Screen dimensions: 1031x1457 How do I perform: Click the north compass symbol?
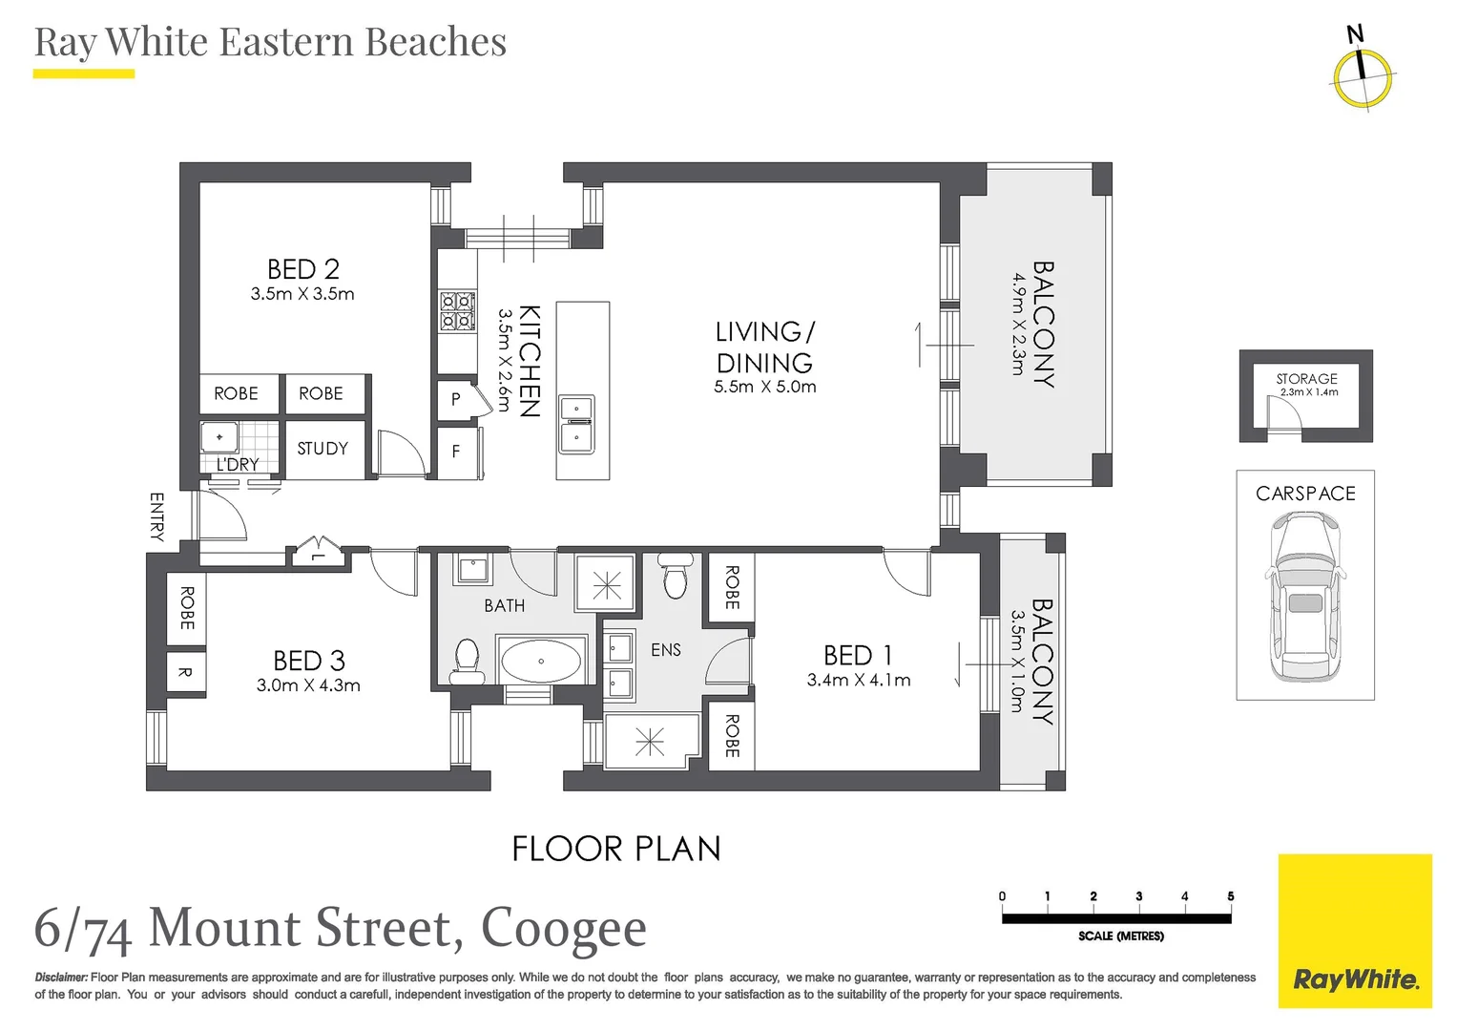point(1363,75)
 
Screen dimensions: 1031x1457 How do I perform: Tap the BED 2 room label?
point(302,269)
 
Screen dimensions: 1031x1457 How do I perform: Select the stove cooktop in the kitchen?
point(457,311)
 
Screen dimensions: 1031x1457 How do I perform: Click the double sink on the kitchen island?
point(576,423)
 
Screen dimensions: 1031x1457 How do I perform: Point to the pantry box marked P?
point(456,399)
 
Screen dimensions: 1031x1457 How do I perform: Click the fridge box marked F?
point(456,452)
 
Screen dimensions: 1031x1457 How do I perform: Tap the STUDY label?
point(323,449)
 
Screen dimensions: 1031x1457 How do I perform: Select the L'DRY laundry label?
point(238,465)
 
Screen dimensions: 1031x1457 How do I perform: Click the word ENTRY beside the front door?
point(157,516)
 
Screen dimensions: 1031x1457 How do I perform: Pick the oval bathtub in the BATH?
point(540,661)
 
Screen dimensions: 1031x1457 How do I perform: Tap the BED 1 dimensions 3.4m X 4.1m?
point(858,681)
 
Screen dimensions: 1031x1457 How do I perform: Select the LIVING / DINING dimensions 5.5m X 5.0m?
point(764,387)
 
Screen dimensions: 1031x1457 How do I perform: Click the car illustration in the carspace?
point(1304,597)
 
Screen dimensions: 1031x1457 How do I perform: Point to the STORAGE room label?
point(1306,379)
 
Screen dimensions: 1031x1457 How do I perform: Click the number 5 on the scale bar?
point(1230,896)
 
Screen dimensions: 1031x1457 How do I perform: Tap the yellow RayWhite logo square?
point(1354,931)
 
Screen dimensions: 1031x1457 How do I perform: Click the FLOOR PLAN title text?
point(616,849)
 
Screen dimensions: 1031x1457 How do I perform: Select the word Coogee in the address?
point(563,929)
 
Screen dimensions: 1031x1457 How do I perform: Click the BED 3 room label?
point(308,661)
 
